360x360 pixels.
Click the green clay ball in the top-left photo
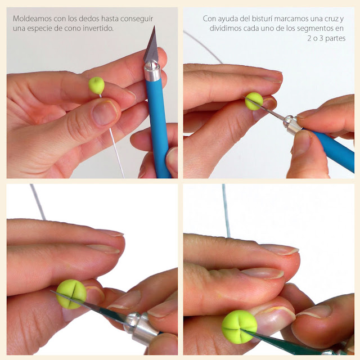96,85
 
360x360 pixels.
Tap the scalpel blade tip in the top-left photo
154,26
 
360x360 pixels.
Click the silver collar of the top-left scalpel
152,71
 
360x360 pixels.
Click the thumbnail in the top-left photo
105,113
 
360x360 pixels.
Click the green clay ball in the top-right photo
254,101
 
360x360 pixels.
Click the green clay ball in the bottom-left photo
71,294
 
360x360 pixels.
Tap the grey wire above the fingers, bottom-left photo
38,202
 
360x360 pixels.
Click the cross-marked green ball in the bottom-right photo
239,327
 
